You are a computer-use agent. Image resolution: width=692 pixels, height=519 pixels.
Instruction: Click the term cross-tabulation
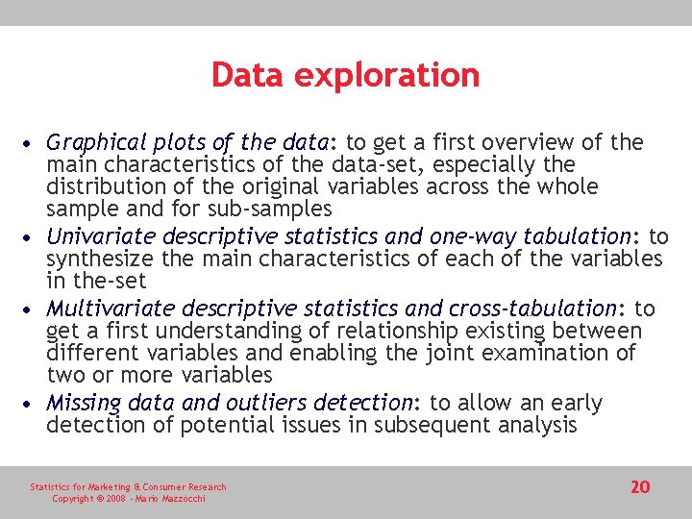[531, 309]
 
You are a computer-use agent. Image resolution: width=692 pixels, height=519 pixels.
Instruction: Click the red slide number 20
[640, 487]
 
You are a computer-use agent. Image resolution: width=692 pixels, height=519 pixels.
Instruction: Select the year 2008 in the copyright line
[115, 499]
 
